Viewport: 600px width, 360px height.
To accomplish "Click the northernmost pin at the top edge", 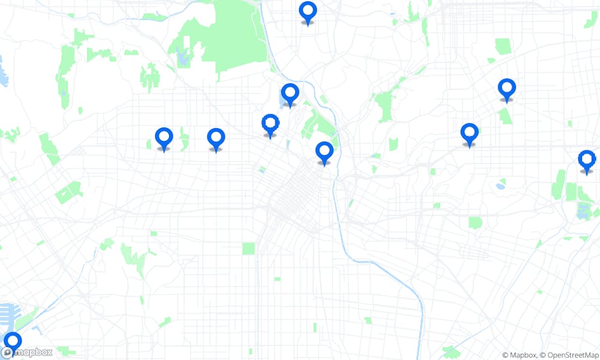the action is pos(308,12).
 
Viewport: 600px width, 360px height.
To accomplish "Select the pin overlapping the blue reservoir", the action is pos(290,94).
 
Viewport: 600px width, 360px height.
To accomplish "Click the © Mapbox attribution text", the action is pos(518,355).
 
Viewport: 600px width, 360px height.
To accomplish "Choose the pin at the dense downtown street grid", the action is pos(325,152).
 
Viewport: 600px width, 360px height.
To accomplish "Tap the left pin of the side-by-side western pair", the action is pos(164,138).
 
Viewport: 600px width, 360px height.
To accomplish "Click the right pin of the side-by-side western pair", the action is pos(216,138).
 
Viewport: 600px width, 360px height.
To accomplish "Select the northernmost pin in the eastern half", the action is pos(507,89).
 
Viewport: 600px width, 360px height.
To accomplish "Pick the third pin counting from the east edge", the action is pos(469,134).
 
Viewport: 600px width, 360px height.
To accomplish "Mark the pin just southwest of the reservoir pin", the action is pos(270,124).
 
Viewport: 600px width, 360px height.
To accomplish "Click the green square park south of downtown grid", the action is pos(248,248).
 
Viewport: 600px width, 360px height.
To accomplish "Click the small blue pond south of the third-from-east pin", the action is pos(499,186).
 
